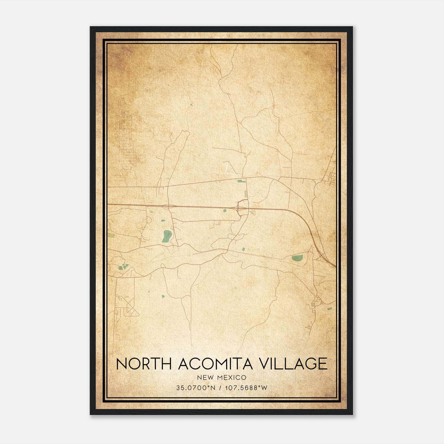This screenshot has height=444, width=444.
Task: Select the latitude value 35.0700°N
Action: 196,388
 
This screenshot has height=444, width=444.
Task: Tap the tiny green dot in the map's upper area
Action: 191,105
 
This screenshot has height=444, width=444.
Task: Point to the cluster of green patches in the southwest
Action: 123,267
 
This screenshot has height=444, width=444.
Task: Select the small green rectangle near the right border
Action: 329,309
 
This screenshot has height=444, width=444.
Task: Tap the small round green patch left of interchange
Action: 224,211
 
